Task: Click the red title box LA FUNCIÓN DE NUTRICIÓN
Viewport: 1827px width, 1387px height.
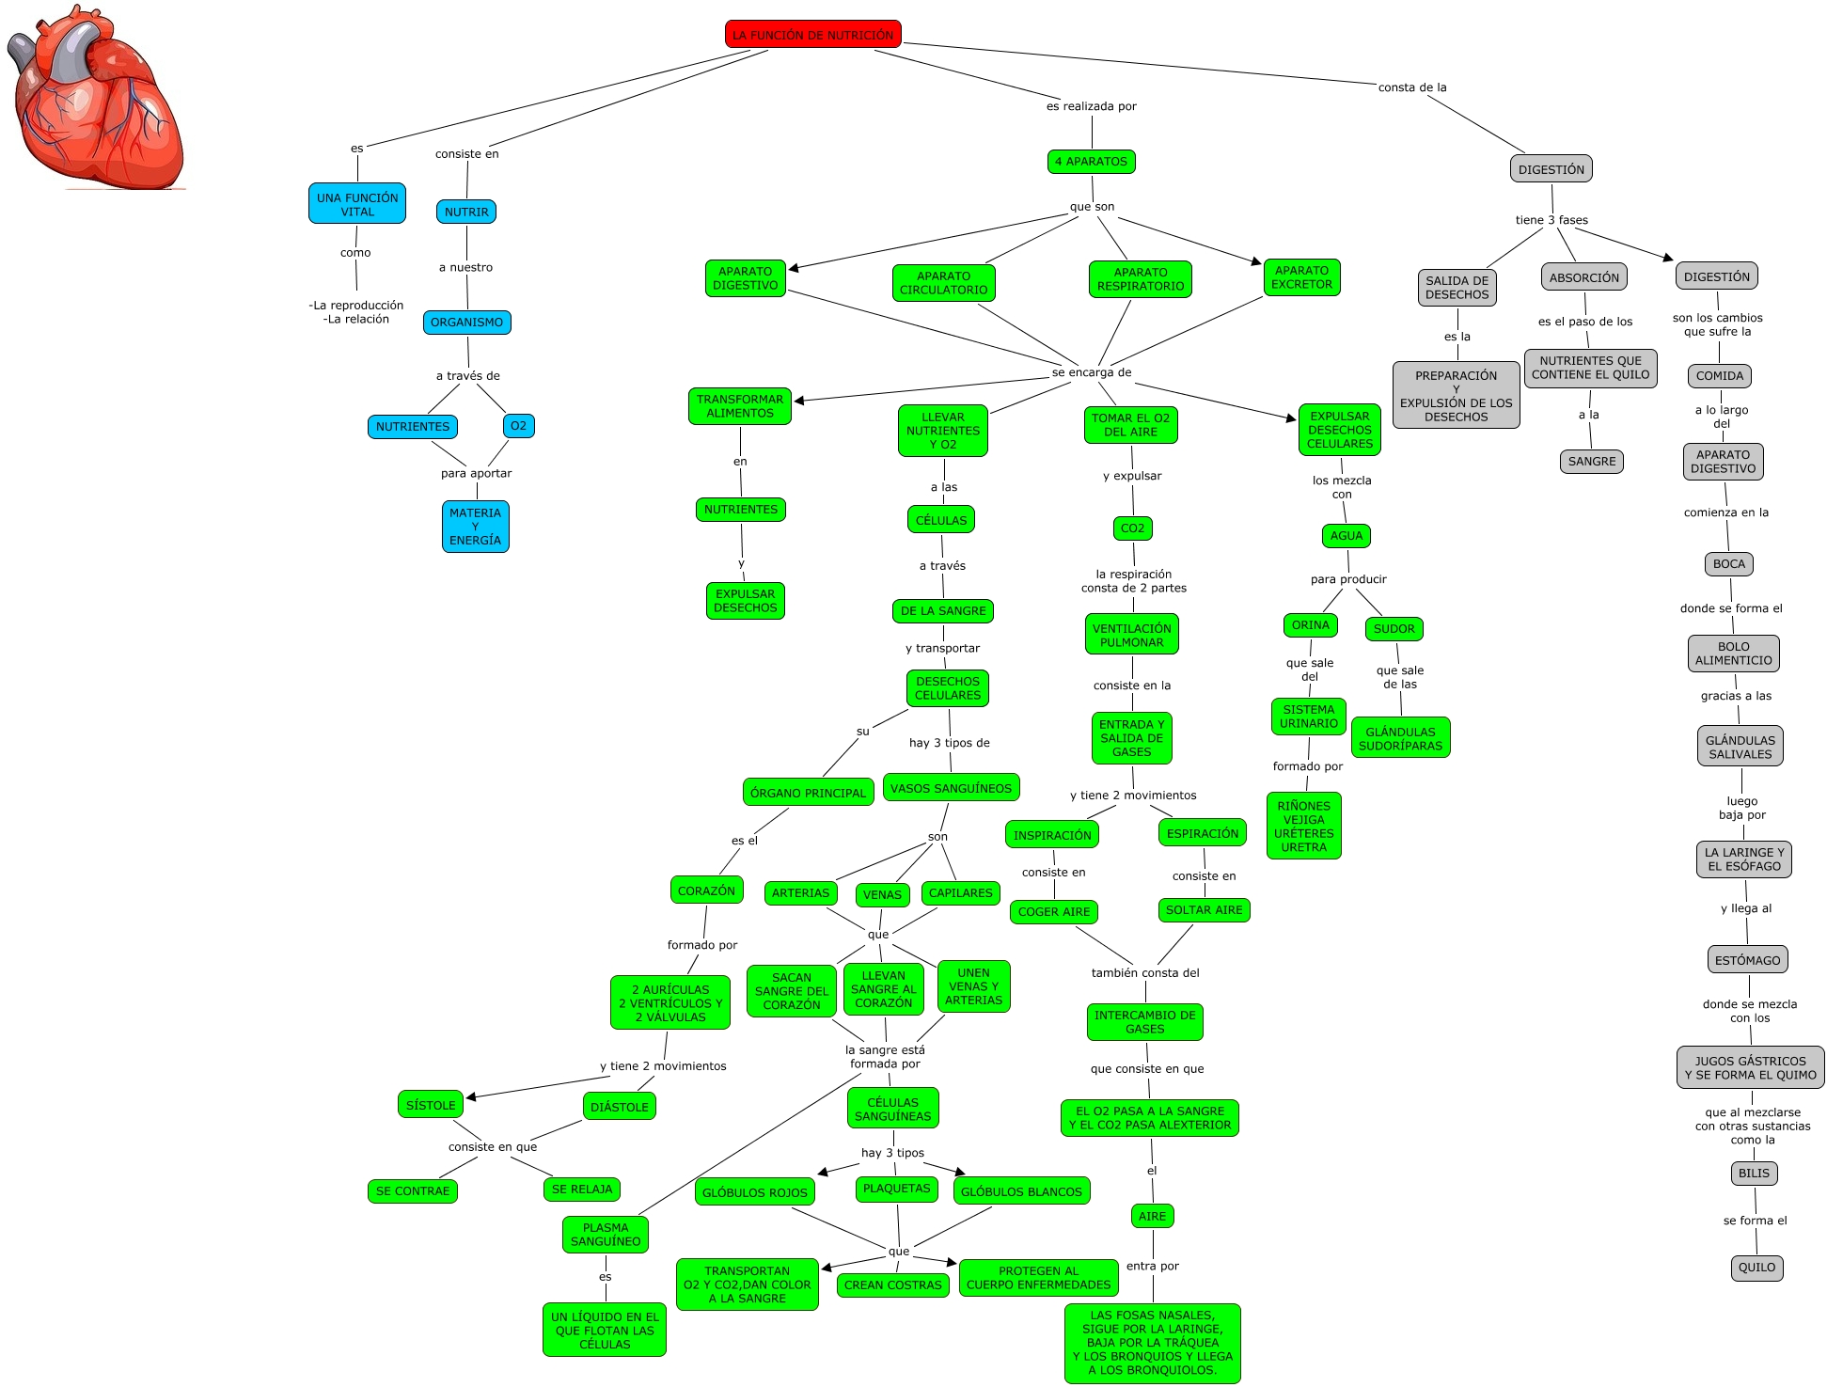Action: click(x=812, y=35)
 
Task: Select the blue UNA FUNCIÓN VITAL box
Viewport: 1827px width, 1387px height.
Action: click(x=357, y=204)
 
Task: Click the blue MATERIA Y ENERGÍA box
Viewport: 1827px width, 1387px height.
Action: click(x=475, y=527)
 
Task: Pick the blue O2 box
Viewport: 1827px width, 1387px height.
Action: click(x=518, y=426)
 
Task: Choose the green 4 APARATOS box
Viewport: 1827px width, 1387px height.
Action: click(x=1091, y=162)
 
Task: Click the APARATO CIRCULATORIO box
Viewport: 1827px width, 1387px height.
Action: click(x=943, y=283)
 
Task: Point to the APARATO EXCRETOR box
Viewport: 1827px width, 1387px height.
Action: click(x=1301, y=277)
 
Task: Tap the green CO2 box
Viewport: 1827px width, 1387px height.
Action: click(x=1132, y=528)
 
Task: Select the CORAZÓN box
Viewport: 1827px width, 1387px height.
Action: click(x=706, y=891)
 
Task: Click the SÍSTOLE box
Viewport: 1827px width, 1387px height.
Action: click(x=431, y=1105)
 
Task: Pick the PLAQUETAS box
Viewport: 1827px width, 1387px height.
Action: click(x=896, y=1189)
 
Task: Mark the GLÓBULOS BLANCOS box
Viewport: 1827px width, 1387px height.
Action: click(x=1021, y=1191)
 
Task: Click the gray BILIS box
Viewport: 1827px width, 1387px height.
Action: click(x=1754, y=1174)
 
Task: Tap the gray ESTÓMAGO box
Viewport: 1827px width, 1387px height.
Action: click(x=1747, y=960)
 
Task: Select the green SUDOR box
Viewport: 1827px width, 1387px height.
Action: click(x=1394, y=629)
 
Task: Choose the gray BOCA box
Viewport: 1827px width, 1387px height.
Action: click(x=1728, y=564)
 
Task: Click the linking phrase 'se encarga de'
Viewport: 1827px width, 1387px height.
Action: click(x=1092, y=372)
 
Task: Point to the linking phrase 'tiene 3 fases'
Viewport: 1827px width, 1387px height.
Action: click(x=1551, y=220)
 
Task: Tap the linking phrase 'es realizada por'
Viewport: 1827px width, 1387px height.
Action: click(x=1091, y=106)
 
